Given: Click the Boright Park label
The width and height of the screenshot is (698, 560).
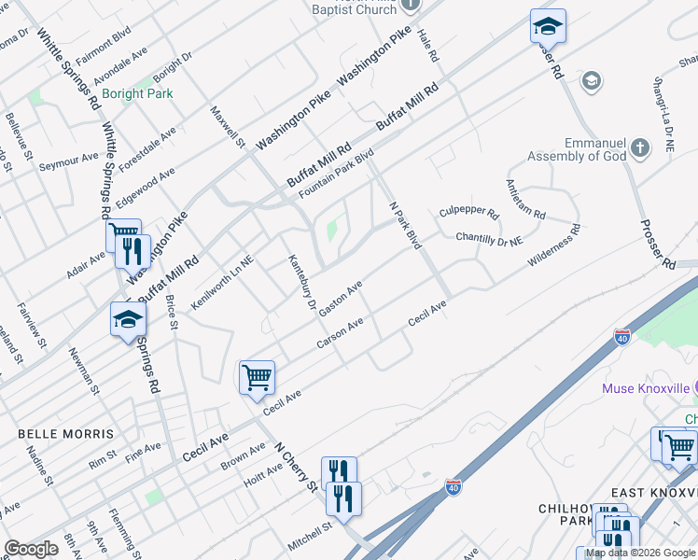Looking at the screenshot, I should pos(137,94).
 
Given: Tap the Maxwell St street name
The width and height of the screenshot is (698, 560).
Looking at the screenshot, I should pos(227,128).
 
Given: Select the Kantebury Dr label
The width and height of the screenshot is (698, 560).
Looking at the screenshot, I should pos(299,281).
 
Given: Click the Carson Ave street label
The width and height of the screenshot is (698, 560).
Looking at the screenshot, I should pos(340,334).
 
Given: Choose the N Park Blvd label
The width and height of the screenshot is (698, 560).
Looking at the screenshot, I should pos(405,225).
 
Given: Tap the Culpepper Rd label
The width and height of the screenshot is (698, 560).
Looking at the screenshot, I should pos(469,213).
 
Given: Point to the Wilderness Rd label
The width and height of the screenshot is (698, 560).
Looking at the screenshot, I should pos(553,245).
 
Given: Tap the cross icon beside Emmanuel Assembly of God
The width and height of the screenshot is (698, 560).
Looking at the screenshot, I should pos(640,147).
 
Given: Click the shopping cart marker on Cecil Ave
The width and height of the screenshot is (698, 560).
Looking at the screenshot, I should pos(257,378).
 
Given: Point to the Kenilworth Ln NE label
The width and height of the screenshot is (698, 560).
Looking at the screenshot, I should pos(222,283).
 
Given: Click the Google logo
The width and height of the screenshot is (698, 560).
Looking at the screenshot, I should pos(31,549).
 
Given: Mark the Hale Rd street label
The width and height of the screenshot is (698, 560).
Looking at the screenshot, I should pos(428,44).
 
